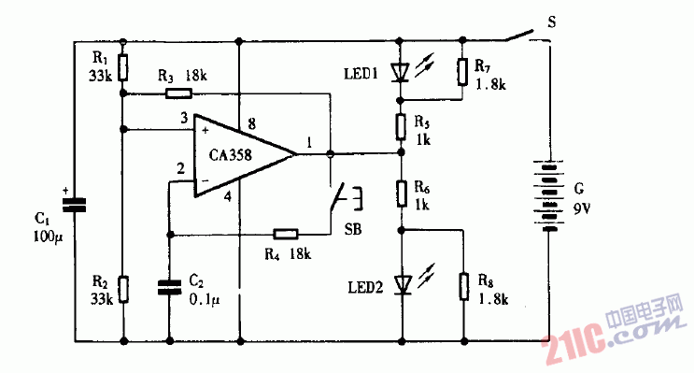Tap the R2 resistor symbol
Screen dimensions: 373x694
pos(124,290)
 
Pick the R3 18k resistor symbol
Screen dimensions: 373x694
pos(178,93)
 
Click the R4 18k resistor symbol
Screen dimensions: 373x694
pos(285,234)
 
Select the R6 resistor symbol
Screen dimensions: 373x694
pos(401,194)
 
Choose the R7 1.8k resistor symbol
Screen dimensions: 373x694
pos(462,71)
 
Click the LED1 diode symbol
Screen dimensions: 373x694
pos(401,70)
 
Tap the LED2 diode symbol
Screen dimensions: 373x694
pos(401,283)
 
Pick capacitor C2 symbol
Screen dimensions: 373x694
pos(169,286)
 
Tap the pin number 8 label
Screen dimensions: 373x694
pos(251,123)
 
